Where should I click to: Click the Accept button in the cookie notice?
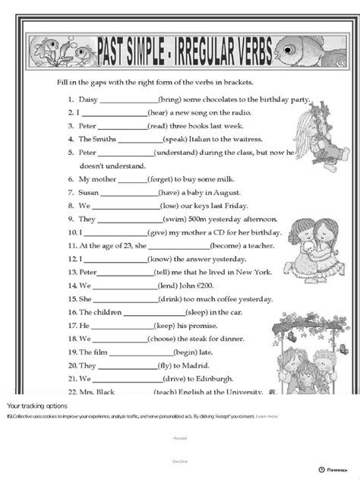[x=180, y=439]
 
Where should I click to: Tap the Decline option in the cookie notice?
[x=180, y=461]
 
